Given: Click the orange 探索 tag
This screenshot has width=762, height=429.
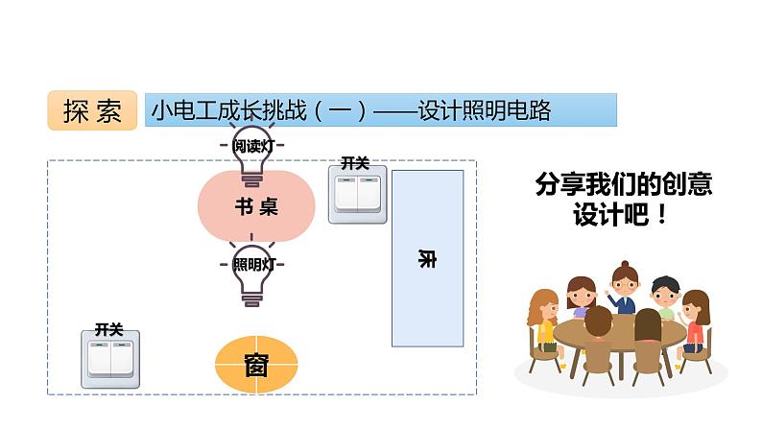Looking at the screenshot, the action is pyautogui.click(x=92, y=111).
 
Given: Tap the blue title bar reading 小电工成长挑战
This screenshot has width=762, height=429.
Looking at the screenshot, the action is pyautogui.click(x=380, y=110).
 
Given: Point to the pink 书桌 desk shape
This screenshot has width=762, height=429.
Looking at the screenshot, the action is pyautogui.click(x=256, y=205).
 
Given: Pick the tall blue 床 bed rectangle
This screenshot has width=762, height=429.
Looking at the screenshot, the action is pyautogui.click(x=427, y=257).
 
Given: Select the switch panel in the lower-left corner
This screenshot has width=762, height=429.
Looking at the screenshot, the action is pyautogui.click(x=108, y=359).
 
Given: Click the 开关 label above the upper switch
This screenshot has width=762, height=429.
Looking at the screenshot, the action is pyautogui.click(x=355, y=163).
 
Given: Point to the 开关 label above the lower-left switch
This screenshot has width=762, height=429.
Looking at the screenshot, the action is pyautogui.click(x=108, y=329).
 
